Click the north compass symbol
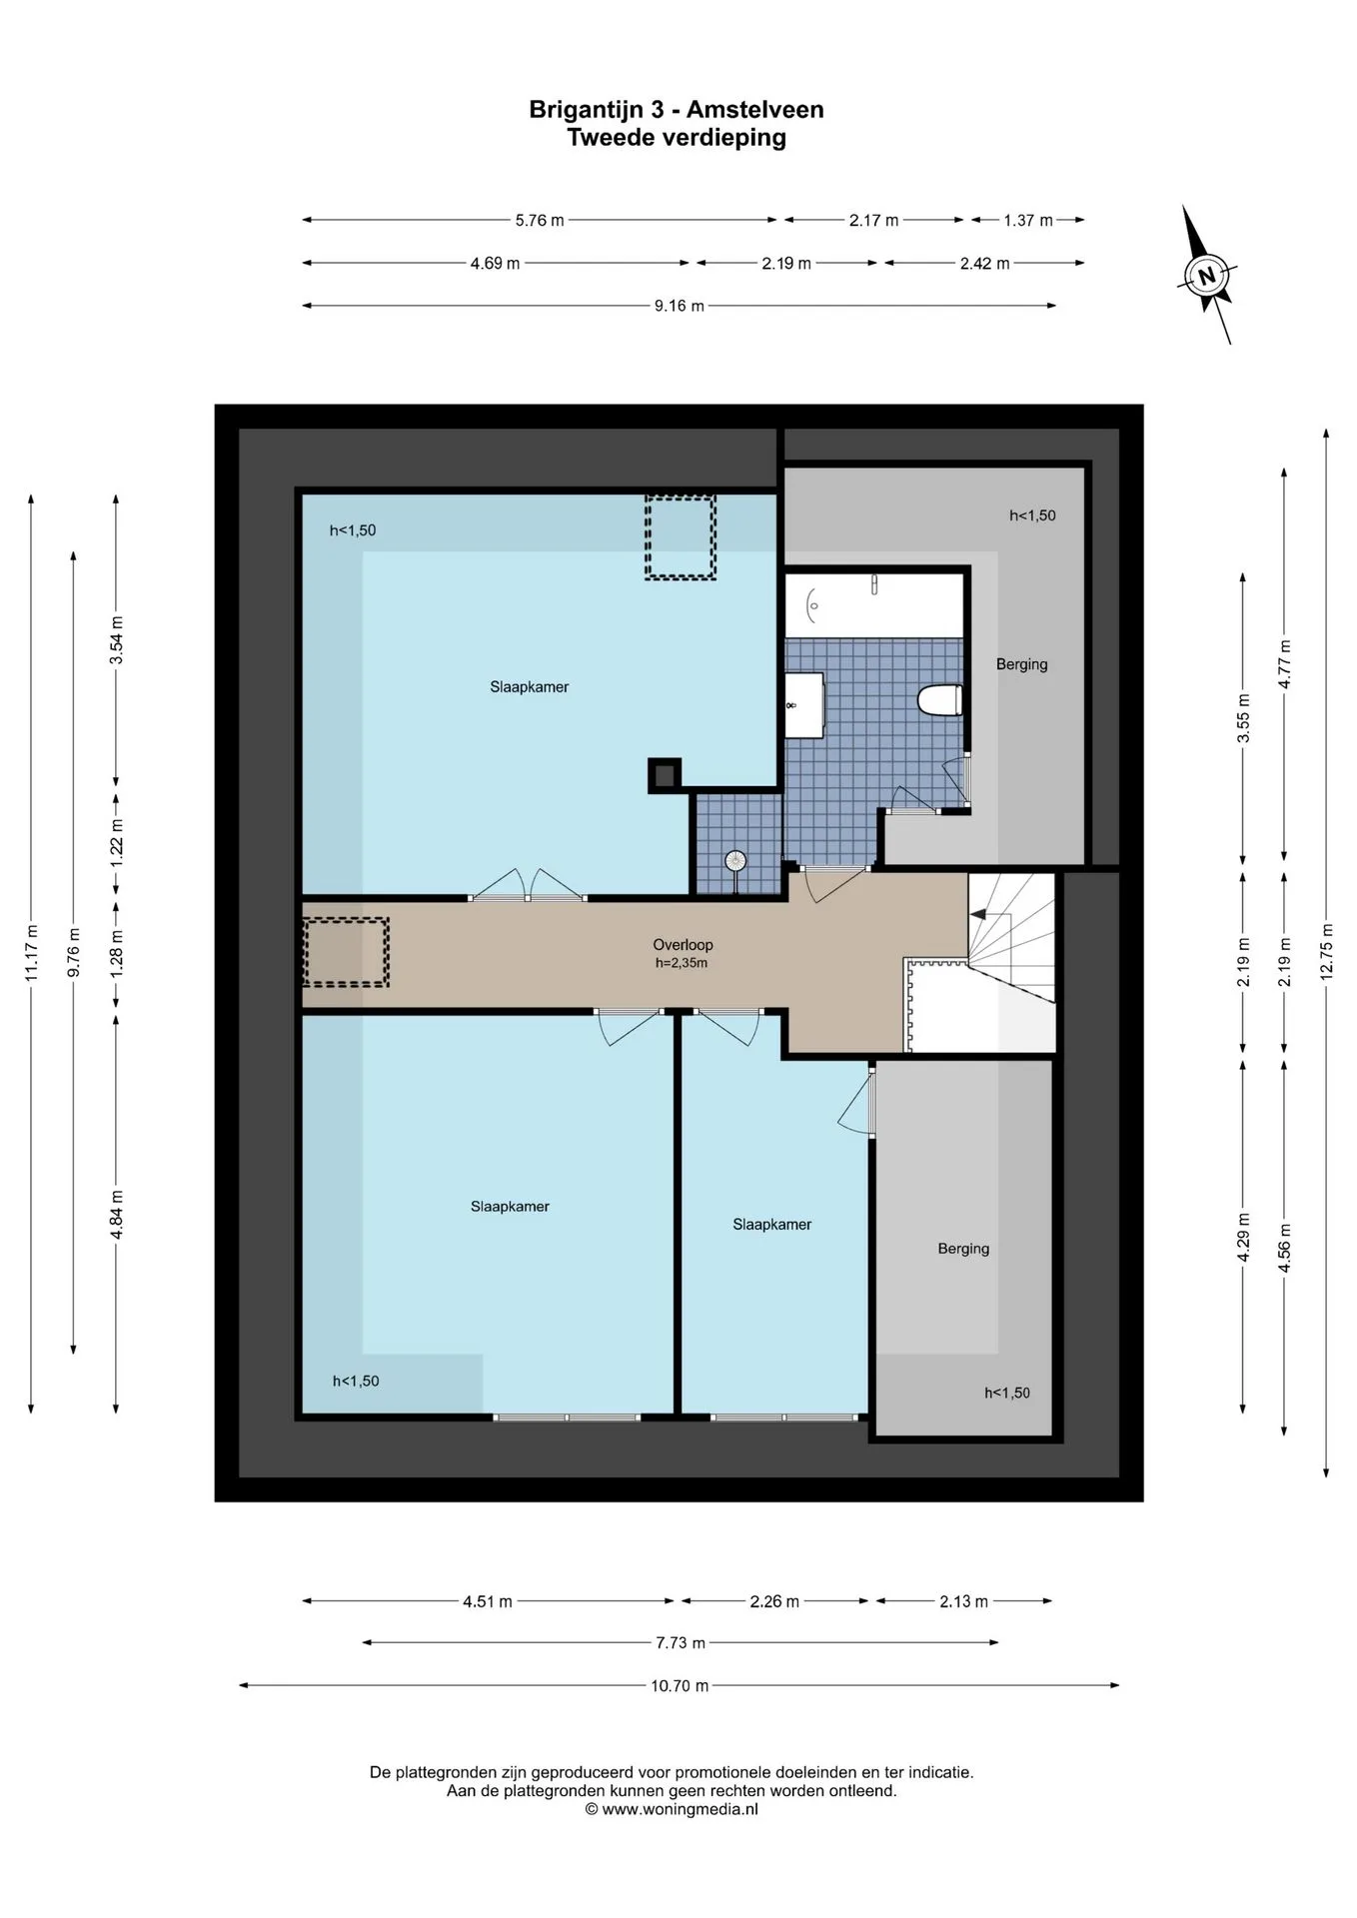pos(1207,275)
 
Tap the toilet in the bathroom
pos(940,700)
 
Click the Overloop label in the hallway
pos(682,944)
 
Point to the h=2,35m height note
pos(681,963)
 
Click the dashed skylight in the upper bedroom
pos(680,537)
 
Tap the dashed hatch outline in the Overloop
pos(346,953)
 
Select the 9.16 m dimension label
pos(679,306)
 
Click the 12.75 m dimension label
pos(1326,953)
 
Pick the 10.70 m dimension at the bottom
pos(679,1685)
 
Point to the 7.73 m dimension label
pos(680,1642)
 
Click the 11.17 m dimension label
pos(31,952)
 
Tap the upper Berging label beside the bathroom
pos(1021,664)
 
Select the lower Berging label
pos(963,1249)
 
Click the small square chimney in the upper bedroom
pos(665,775)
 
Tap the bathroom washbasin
pos(803,705)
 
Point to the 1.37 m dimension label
pos(1028,220)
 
